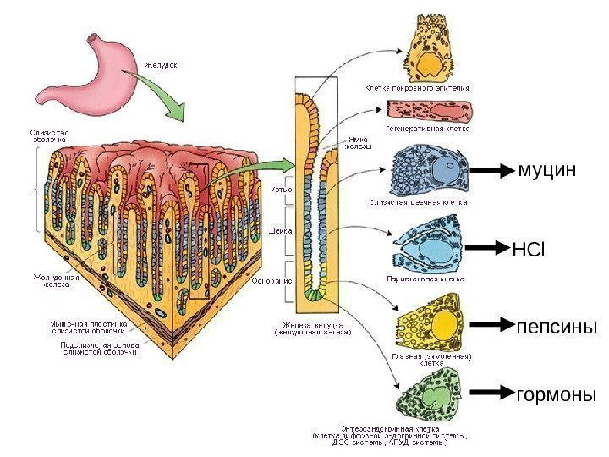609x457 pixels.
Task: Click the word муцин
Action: coord(546,170)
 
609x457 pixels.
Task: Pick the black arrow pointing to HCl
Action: coord(486,249)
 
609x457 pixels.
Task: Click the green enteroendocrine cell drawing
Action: coord(431,394)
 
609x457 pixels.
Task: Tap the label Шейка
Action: coord(280,229)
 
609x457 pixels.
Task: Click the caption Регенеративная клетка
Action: coord(428,129)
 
